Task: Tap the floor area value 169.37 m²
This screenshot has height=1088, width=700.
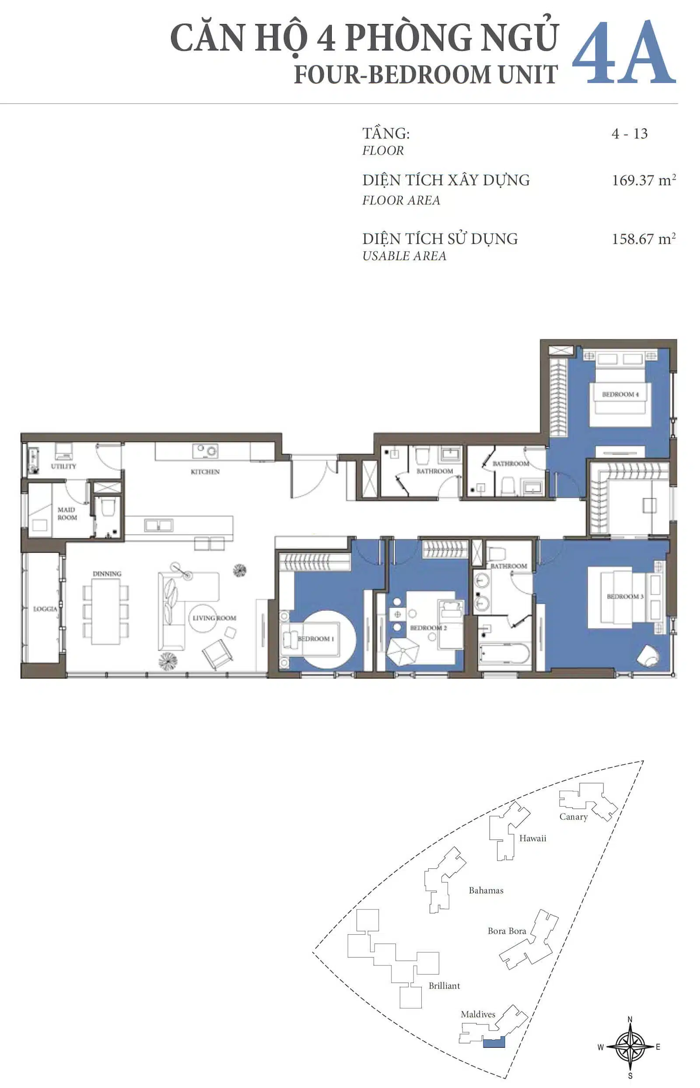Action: (x=644, y=180)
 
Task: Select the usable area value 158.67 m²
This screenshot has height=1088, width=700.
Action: (x=644, y=239)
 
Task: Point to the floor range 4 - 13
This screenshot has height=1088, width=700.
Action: (x=630, y=133)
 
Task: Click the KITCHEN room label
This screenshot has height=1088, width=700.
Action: (x=205, y=472)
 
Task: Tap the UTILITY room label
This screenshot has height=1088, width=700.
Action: (x=63, y=466)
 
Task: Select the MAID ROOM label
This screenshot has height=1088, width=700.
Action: (x=67, y=513)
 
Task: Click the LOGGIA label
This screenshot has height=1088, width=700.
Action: (x=45, y=609)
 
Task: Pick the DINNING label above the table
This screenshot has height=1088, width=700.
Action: (x=107, y=574)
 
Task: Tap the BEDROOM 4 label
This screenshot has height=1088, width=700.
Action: (x=620, y=394)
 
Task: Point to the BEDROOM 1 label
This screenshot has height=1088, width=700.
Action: (x=315, y=639)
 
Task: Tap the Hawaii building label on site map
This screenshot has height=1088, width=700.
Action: (x=533, y=838)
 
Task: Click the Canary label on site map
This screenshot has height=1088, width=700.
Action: (x=574, y=817)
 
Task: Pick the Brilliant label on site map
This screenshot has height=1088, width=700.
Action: (x=444, y=986)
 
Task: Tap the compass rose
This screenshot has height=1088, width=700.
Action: (x=630, y=1046)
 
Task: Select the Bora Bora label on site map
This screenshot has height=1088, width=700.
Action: (x=507, y=931)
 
